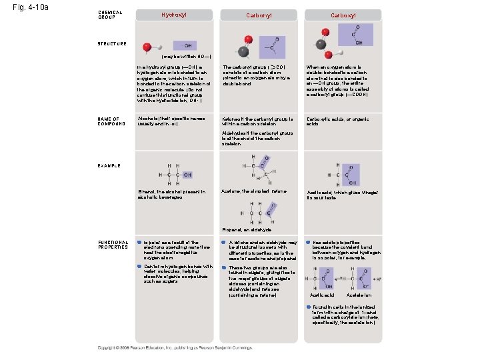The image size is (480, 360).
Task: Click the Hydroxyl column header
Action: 174,14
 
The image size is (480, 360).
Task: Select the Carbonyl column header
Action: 258,14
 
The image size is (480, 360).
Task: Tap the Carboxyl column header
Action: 343,14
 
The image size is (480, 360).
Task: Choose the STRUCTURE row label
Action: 111,44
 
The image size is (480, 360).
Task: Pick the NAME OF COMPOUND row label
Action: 110,121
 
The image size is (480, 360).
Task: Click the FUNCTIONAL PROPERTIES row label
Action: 113,245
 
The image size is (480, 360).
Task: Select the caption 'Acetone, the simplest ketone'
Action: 253,191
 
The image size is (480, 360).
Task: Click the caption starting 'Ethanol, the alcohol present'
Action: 171,194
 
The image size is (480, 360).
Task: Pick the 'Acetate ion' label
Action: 359,295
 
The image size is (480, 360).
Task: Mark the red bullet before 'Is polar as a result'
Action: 139,243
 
